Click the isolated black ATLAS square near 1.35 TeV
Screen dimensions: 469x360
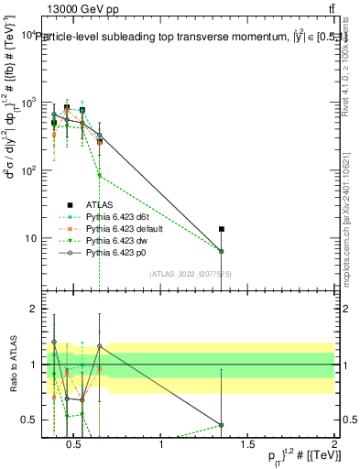(221, 229)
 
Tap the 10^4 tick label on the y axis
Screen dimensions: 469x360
(27, 35)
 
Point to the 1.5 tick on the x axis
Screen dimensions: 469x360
(247, 446)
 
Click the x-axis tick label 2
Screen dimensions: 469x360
(333, 446)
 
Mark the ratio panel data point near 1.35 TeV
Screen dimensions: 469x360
(221, 425)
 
